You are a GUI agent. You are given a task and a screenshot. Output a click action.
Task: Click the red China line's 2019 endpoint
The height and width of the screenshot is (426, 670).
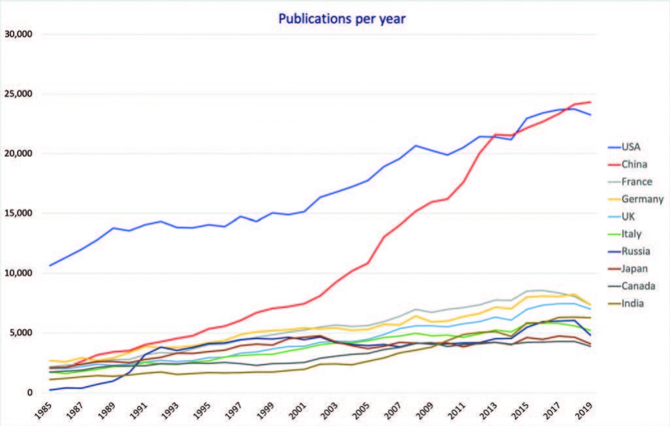(591, 102)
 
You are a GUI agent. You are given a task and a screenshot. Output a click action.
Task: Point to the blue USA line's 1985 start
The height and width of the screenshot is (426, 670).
(50, 266)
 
